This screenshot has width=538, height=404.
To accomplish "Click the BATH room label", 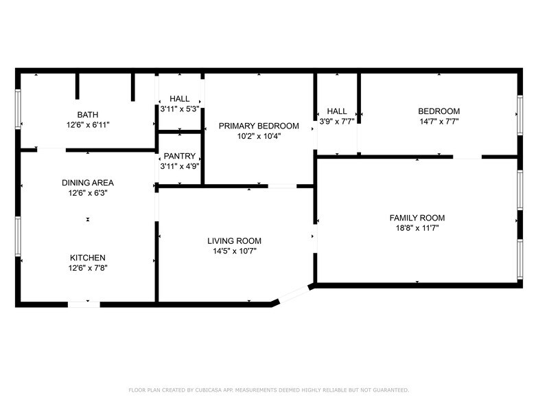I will pos(87,115).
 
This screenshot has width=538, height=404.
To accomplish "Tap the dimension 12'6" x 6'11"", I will pos(87,125).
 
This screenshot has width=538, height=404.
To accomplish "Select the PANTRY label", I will pos(179,156).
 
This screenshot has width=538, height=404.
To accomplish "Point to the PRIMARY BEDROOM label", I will pos(259,126).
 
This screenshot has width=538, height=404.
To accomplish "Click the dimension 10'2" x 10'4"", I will pos(259,136).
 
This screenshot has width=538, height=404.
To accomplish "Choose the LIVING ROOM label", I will pos(234,241).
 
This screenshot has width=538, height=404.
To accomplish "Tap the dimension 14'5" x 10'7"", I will pos(234,251).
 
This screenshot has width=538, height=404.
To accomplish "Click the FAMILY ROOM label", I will pos(417,218).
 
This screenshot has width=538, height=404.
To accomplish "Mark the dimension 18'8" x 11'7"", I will pos(417,228).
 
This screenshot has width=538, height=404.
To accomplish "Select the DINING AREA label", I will pos(87,183).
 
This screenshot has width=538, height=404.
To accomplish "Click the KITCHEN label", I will pos(87,258).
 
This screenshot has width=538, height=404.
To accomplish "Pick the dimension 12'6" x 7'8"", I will pos(87,268).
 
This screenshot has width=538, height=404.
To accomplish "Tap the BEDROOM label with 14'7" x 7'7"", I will pos(438,111).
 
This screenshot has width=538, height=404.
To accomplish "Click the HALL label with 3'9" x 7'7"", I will pos(336,111).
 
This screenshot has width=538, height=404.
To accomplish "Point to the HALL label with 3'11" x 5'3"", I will pos(179,99).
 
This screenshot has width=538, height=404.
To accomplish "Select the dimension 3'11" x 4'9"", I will pos(179,166).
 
